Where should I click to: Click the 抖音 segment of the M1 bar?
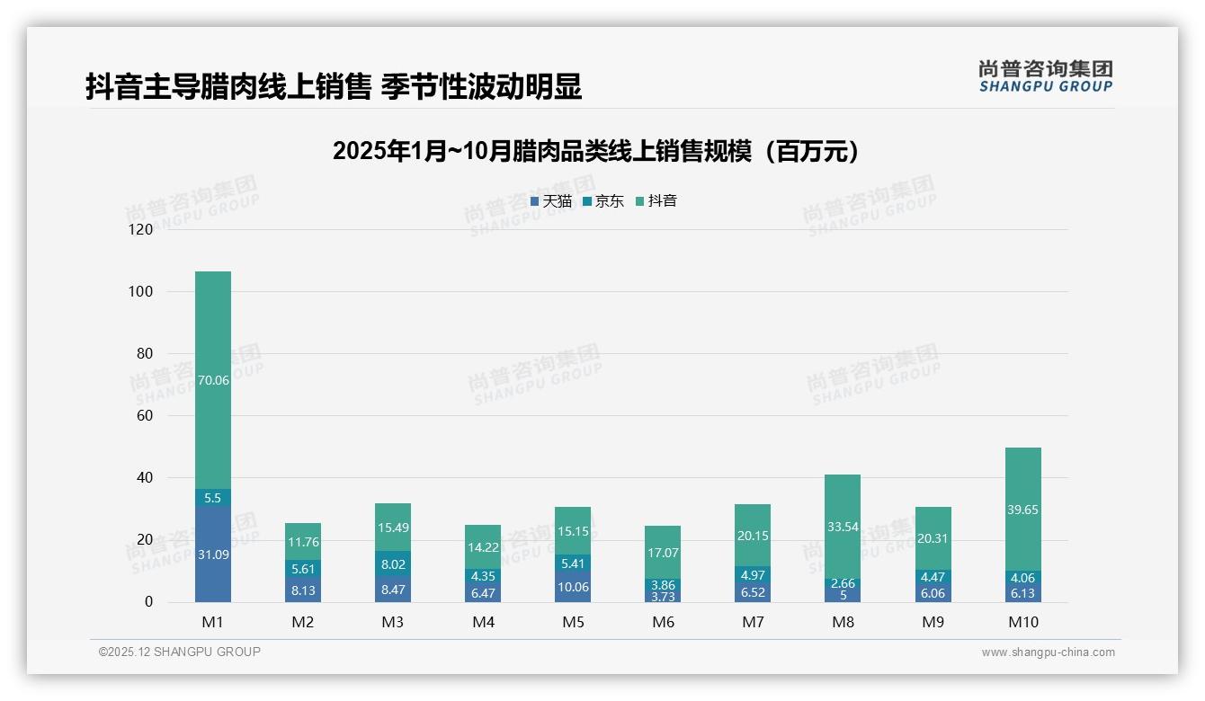pyautogui.click(x=213, y=380)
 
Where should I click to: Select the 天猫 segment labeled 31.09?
pyautogui.click(x=213, y=555)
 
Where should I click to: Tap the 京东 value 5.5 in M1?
pyautogui.click(x=213, y=498)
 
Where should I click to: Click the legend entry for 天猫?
pyautogui.click(x=551, y=201)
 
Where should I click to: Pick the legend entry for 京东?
pyautogui.click(x=603, y=201)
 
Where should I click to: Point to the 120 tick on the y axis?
pyautogui.click(x=142, y=229)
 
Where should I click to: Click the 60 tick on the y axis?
pyautogui.click(x=145, y=416)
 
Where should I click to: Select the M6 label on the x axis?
pyautogui.click(x=663, y=622)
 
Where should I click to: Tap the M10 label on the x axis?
pyautogui.click(x=1022, y=622)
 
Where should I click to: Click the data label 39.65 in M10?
pyautogui.click(x=1022, y=510)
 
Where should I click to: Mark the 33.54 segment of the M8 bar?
pyautogui.click(x=843, y=527)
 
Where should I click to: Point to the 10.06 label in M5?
pyautogui.click(x=573, y=587)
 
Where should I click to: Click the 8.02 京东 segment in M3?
pyautogui.click(x=393, y=565)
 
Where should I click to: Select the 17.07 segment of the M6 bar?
pyautogui.click(x=663, y=553)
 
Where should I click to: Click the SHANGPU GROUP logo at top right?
pyautogui.click(x=1045, y=76)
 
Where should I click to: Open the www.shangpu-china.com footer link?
pyautogui.click(x=1048, y=652)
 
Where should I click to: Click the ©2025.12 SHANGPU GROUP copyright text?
pyautogui.click(x=180, y=652)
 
